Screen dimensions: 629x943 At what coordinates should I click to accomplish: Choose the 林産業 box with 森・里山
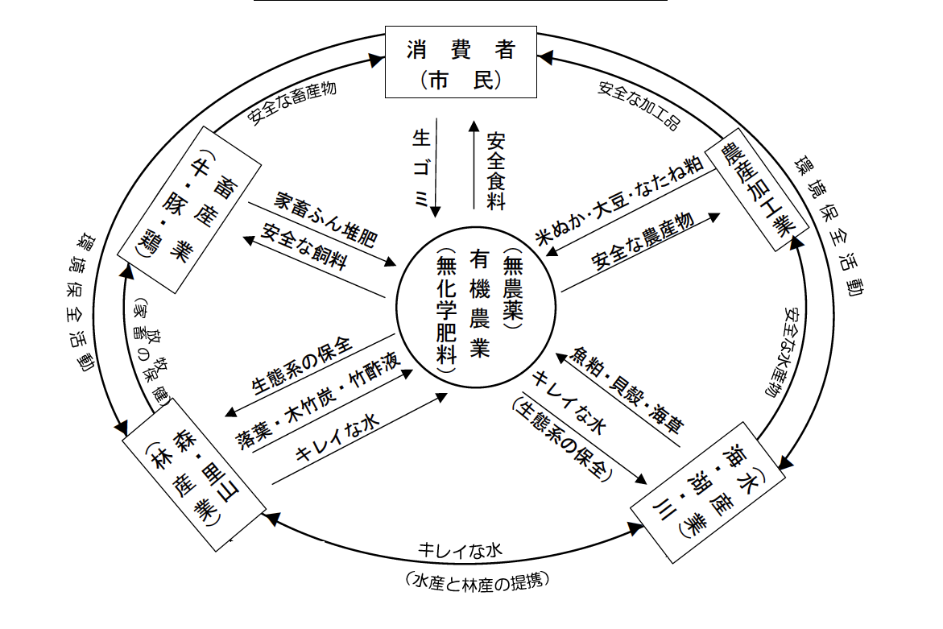(x=195, y=481)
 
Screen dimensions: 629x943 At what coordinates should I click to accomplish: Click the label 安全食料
(x=495, y=171)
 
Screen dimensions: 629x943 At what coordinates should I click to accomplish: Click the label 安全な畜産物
(x=292, y=103)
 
